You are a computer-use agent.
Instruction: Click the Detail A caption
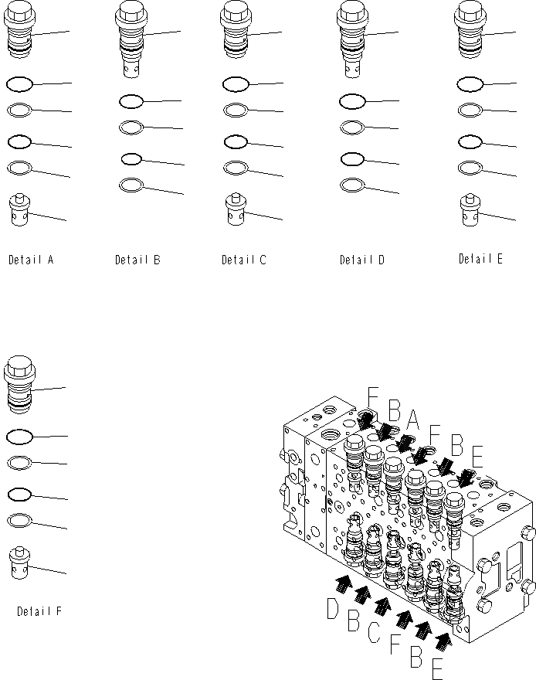[31, 260]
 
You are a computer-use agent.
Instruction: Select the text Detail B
[137, 260]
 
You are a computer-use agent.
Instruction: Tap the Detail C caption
[243, 260]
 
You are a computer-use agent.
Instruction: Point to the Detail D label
[361, 260]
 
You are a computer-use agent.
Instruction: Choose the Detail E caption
[480, 259]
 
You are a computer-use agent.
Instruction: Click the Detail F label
[39, 611]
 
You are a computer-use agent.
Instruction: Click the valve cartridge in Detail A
[20, 32]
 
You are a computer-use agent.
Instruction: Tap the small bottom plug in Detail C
[236, 210]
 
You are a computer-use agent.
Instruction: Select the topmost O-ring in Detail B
[131, 100]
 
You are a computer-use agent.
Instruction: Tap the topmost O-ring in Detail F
[19, 437]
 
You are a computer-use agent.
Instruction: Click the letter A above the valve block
[412, 419]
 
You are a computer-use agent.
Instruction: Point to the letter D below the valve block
[333, 610]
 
